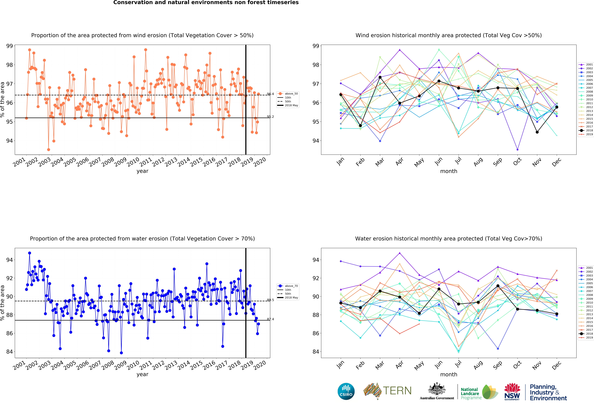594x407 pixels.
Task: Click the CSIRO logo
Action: pos(346,391)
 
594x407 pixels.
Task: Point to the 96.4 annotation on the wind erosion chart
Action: pos(270,94)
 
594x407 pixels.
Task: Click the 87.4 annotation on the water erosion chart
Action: pos(270,319)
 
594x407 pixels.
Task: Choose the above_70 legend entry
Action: pos(288,286)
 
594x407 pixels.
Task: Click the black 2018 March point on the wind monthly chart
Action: pos(380,77)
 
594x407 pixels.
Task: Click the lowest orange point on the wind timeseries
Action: pos(49,150)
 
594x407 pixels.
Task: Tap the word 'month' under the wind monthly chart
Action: pos(449,171)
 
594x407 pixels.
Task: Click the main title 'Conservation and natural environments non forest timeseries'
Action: pos(206,3)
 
